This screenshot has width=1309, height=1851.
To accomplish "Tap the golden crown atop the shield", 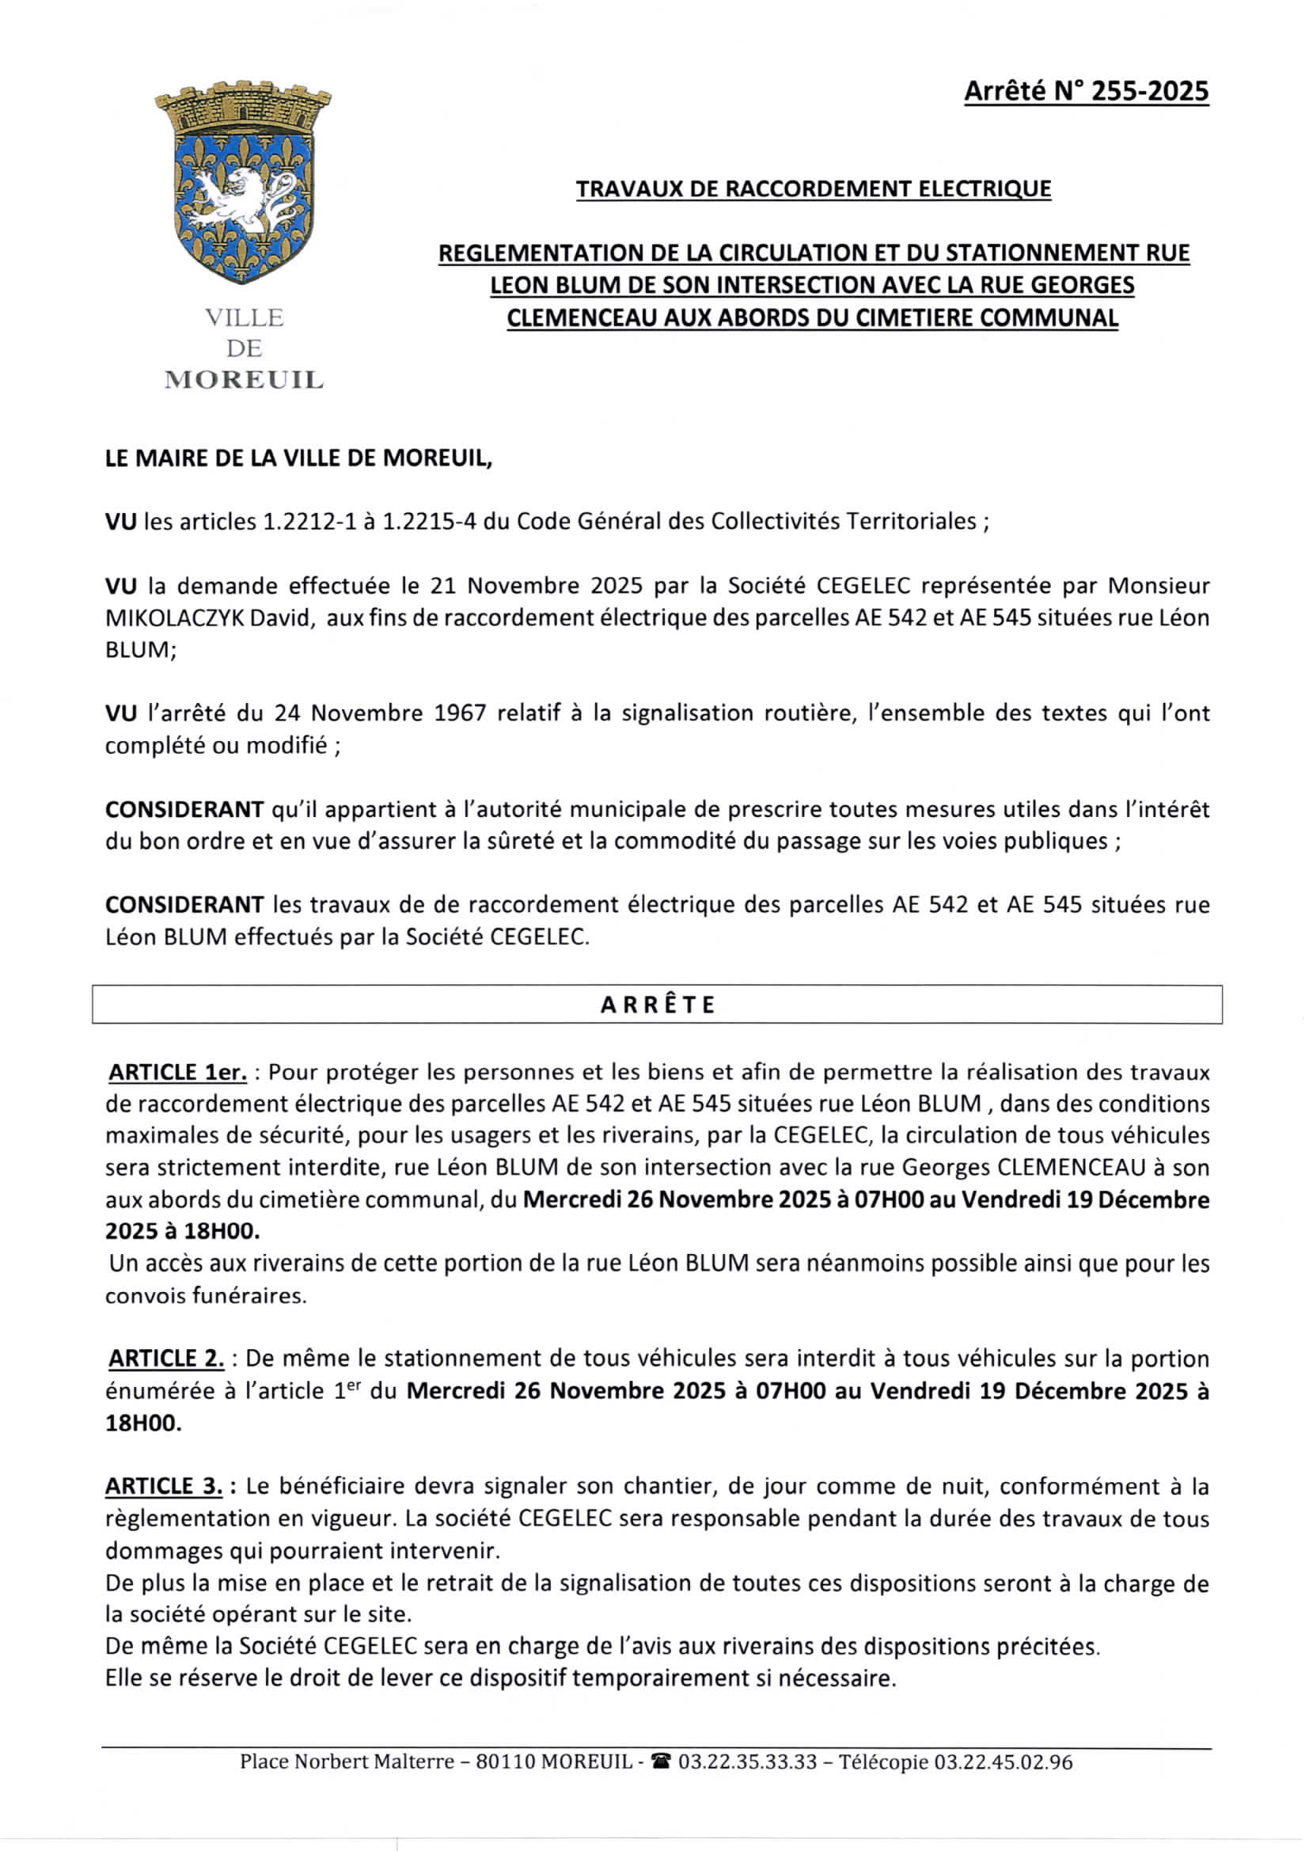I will (x=243, y=108).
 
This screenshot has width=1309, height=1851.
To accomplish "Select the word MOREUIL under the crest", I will (x=244, y=380).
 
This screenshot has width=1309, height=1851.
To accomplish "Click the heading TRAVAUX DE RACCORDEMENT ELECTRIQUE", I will (x=814, y=188).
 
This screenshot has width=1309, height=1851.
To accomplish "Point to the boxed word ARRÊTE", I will (x=657, y=1005).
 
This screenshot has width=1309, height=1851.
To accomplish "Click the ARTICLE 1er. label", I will (x=177, y=1072).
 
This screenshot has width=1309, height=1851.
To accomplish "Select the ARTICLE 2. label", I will (x=166, y=1359).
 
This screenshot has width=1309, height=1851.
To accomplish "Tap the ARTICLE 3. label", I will (x=164, y=1486).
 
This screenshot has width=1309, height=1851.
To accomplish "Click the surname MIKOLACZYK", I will (x=173, y=618).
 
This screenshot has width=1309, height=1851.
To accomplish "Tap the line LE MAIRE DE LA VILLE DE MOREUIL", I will (x=298, y=458).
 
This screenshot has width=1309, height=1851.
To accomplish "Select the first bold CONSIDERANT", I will (x=184, y=808).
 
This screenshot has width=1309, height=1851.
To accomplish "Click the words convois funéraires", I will (x=206, y=1295).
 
